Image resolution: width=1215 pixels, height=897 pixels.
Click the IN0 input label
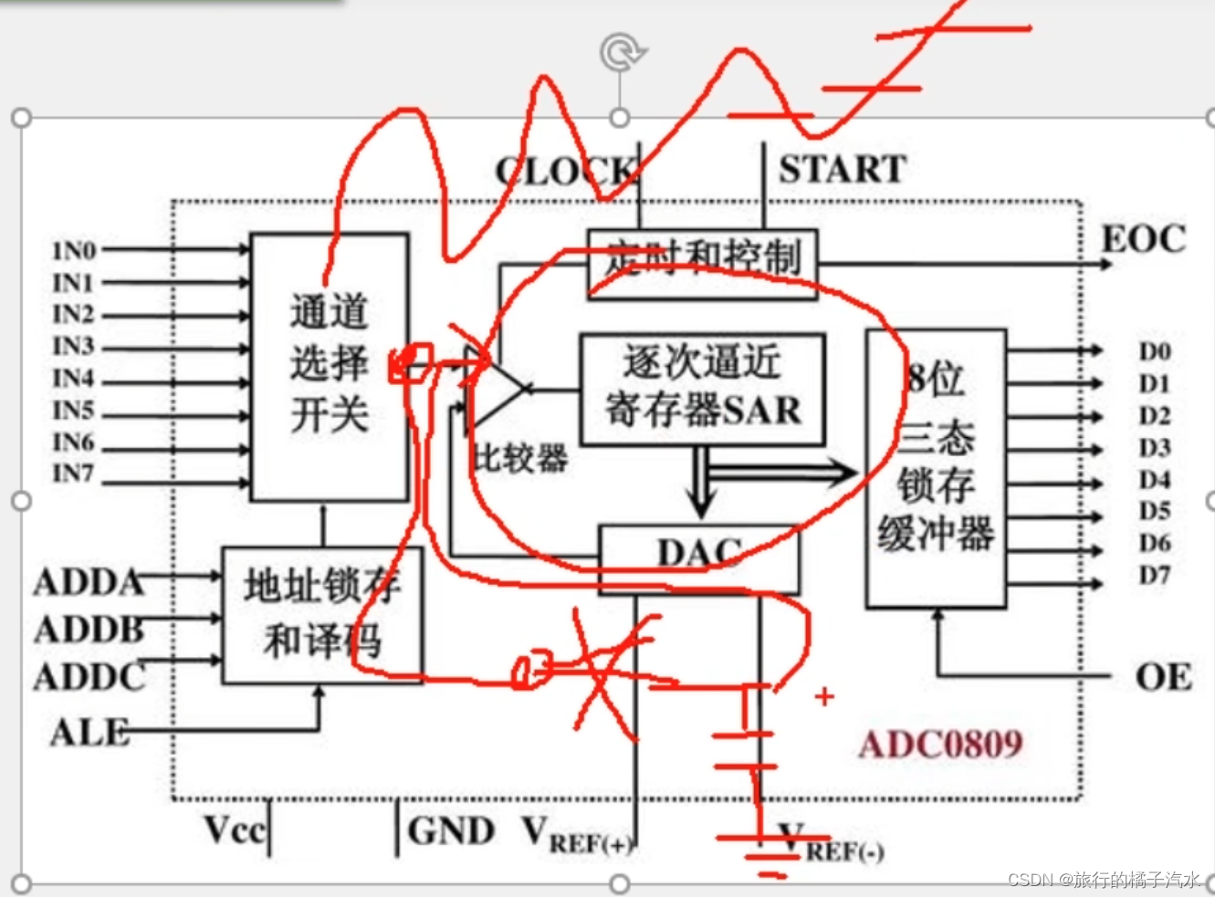click(74, 250)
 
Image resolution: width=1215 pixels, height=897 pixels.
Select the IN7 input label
click(73, 474)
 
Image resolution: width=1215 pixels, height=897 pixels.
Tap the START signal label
click(842, 170)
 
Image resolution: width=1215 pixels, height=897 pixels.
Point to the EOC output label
click(1144, 239)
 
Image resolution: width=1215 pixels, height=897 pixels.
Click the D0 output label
click(1154, 351)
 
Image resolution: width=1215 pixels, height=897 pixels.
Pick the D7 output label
click(1154, 575)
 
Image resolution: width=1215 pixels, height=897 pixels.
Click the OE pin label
click(1163, 677)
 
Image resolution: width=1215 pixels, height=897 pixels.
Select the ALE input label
click(89, 732)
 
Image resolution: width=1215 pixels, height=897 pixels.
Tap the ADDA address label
click(89, 582)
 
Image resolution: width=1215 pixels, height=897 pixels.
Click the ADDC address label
click(89, 677)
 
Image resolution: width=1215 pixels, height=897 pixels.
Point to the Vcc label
click(234, 830)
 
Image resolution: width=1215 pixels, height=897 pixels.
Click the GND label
click(451, 830)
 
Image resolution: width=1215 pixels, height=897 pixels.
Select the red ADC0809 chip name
click(940, 745)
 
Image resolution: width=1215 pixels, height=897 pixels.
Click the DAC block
click(699, 554)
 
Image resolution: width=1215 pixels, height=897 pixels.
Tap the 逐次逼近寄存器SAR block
click(703, 389)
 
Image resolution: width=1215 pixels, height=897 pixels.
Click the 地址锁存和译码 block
click(322, 614)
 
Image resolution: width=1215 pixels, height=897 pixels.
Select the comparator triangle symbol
click(493, 390)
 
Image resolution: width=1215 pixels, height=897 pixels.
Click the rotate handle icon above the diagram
click(622, 52)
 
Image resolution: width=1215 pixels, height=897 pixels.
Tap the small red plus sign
click(824, 696)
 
